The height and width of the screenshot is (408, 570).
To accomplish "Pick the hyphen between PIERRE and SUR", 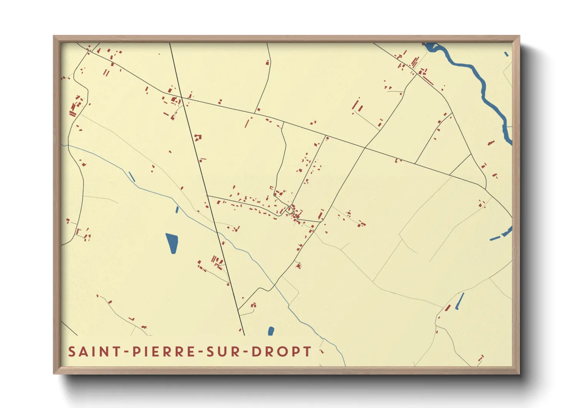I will pyautogui.click(x=201, y=352).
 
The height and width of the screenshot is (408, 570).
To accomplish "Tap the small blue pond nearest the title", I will pyautogui.click(x=271, y=331).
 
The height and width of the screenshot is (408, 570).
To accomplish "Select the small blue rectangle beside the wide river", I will pyautogui.click(x=506, y=54).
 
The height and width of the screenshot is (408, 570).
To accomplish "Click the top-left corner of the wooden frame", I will pyautogui.click(x=54, y=37).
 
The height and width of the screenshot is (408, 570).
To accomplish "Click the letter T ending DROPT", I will pyautogui.click(x=307, y=352).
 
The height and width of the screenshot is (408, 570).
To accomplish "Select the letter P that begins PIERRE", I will pyautogui.click(x=136, y=352).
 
